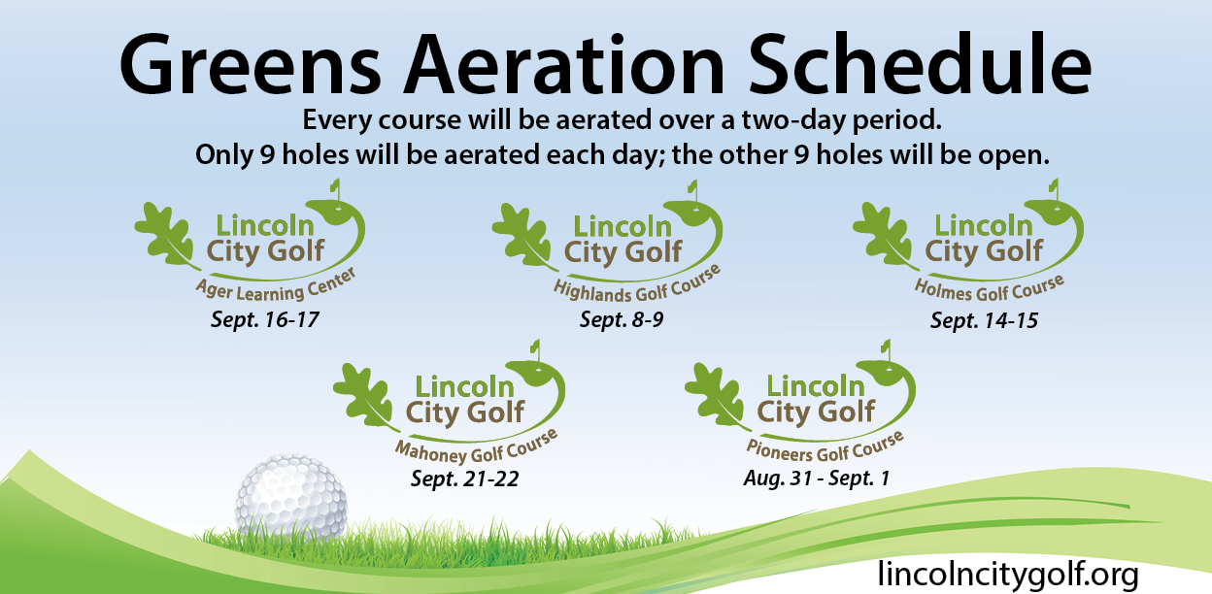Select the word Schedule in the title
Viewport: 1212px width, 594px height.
[x=921, y=64]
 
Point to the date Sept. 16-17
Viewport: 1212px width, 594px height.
[x=264, y=319]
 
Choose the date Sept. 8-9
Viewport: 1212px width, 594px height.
[x=622, y=319]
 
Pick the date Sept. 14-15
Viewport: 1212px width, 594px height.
[x=984, y=320]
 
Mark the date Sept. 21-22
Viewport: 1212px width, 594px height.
[x=464, y=478]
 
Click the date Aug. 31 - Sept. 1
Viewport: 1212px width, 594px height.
[x=817, y=478]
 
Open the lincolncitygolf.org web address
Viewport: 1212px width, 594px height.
[x=1008, y=574]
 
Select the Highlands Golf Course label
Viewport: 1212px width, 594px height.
[x=637, y=286]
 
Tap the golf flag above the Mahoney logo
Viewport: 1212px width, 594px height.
[x=536, y=350]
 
